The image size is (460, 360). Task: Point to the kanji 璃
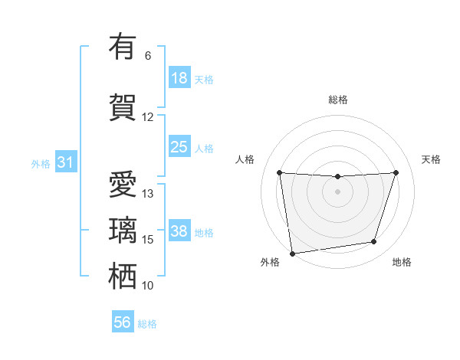(x=122, y=230)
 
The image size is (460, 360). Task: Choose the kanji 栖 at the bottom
(x=122, y=276)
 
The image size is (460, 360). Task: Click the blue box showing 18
(x=179, y=78)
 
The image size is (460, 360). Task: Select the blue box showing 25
(x=179, y=147)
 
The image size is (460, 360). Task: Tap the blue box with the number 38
(x=179, y=231)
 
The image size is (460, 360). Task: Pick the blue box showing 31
(x=66, y=162)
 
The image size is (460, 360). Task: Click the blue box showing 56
(x=123, y=323)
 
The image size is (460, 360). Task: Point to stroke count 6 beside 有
(x=148, y=56)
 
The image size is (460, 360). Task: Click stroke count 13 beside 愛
(x=148, y=194)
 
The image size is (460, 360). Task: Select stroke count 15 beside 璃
(x=148, y=240)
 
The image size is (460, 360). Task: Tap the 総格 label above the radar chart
(x=338, y=100)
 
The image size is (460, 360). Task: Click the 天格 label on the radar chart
(x=432, y=159)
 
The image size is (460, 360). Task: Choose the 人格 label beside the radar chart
(x=245, y=159)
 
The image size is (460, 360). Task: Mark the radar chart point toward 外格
(x=291, y=253)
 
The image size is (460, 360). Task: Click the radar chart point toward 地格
(x=374, y=242)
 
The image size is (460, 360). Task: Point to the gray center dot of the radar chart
(x=337, y=191)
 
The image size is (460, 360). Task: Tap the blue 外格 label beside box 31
(x=41, y=163)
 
